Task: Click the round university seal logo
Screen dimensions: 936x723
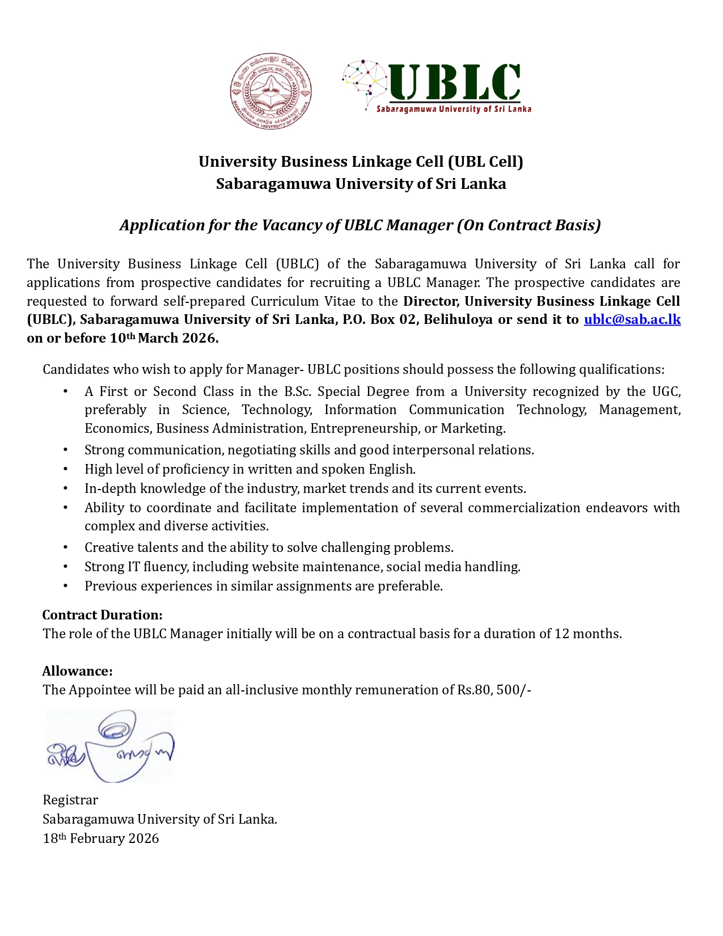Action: tap(270, 92)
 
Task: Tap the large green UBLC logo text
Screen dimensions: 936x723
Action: tap(455, 82)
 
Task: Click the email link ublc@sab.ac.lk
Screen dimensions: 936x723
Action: tap(632, 319)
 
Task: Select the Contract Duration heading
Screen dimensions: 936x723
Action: tap(102, 615)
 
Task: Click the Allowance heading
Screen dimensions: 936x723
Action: tap(77, 671)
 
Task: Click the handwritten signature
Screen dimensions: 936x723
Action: tap(110, 745)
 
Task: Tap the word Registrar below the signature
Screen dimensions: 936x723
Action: tap(70, 800)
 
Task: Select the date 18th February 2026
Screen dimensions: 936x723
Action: tap(101, 838)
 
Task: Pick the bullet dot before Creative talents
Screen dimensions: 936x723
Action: tap(66, 547)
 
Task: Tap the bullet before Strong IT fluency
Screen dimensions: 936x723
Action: tap(66, 567)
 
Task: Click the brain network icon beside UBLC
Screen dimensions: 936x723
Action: tap(365, 78)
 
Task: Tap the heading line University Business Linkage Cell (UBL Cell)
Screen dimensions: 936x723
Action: tap(361, 162)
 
